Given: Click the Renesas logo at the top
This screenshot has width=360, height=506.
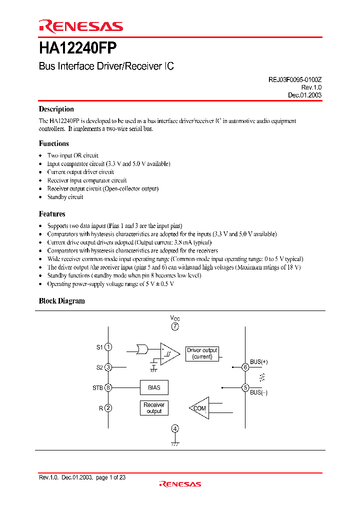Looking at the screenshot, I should (81, 26).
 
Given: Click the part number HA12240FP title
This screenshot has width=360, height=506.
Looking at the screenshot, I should (78, 48).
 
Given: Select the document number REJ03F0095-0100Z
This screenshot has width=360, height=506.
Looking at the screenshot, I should (292, 79).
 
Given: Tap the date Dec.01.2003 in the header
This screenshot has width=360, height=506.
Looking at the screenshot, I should (304, 95).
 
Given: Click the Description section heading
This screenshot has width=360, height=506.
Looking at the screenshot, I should (56, 109).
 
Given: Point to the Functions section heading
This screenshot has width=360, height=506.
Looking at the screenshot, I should (54, 143).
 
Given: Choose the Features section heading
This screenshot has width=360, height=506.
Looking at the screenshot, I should (52, 214).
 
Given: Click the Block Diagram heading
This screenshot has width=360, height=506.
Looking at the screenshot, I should (62, 301).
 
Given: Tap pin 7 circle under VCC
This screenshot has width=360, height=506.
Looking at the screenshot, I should (175, 326).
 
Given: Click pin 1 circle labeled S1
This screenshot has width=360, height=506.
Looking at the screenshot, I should (108, 347).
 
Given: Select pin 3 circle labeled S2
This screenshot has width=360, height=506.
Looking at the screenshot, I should (108, 367).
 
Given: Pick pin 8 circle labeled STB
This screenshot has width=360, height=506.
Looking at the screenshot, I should (108, 387).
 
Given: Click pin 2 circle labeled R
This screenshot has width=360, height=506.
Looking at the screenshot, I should (108, 408).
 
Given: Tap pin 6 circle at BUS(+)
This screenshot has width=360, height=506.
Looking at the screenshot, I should (245, 367).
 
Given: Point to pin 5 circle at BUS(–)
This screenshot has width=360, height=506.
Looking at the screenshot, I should (245, 387).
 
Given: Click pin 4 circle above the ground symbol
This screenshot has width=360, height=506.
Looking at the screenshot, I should (175, 428).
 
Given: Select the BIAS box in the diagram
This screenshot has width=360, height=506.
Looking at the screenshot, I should (154, 387).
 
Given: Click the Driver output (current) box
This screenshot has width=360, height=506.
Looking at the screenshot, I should (202, 353).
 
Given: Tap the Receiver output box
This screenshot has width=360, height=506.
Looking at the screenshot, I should (154, 408).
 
